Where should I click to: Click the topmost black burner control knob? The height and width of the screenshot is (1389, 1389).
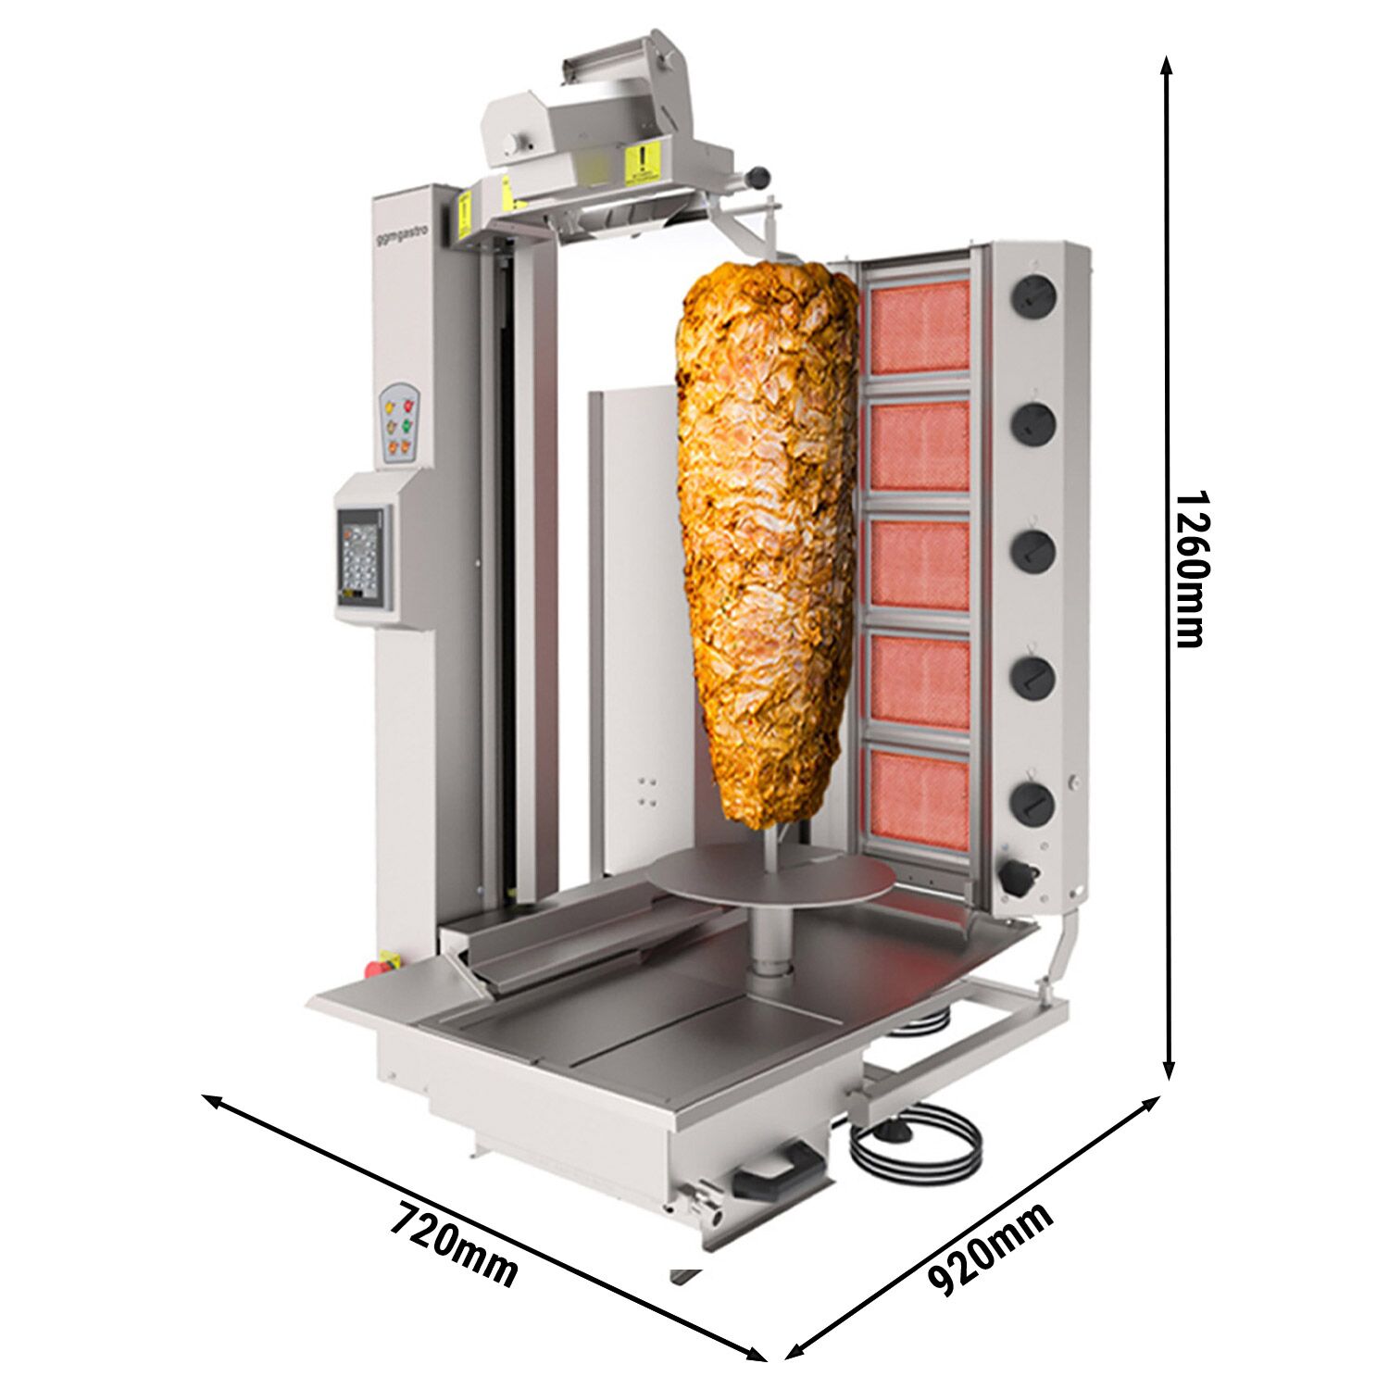(x=1032, y=296)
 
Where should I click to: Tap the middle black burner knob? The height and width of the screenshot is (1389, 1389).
(x=1032, y=550)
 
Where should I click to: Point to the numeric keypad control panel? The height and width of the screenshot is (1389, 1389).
(x=361, y=557)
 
